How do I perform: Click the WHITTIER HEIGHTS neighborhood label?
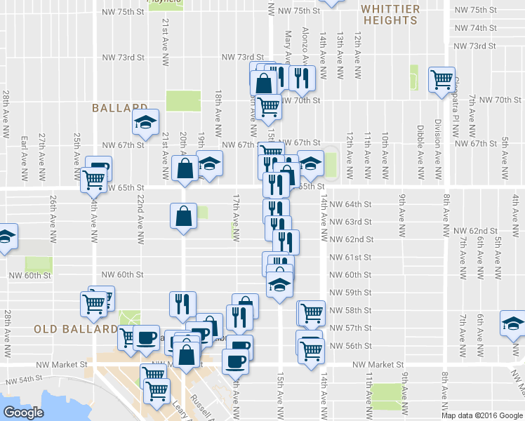point(390,15)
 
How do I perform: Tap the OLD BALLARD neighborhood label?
point(75,328)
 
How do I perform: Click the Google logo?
point(23,412)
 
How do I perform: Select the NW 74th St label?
point(475,28)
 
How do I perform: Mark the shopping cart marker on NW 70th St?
point(267,107)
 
